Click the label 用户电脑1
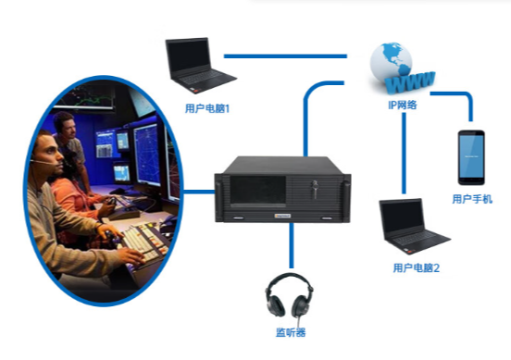207,108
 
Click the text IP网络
402,105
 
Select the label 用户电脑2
415,268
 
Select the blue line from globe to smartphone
459,94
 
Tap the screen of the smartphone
471,155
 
